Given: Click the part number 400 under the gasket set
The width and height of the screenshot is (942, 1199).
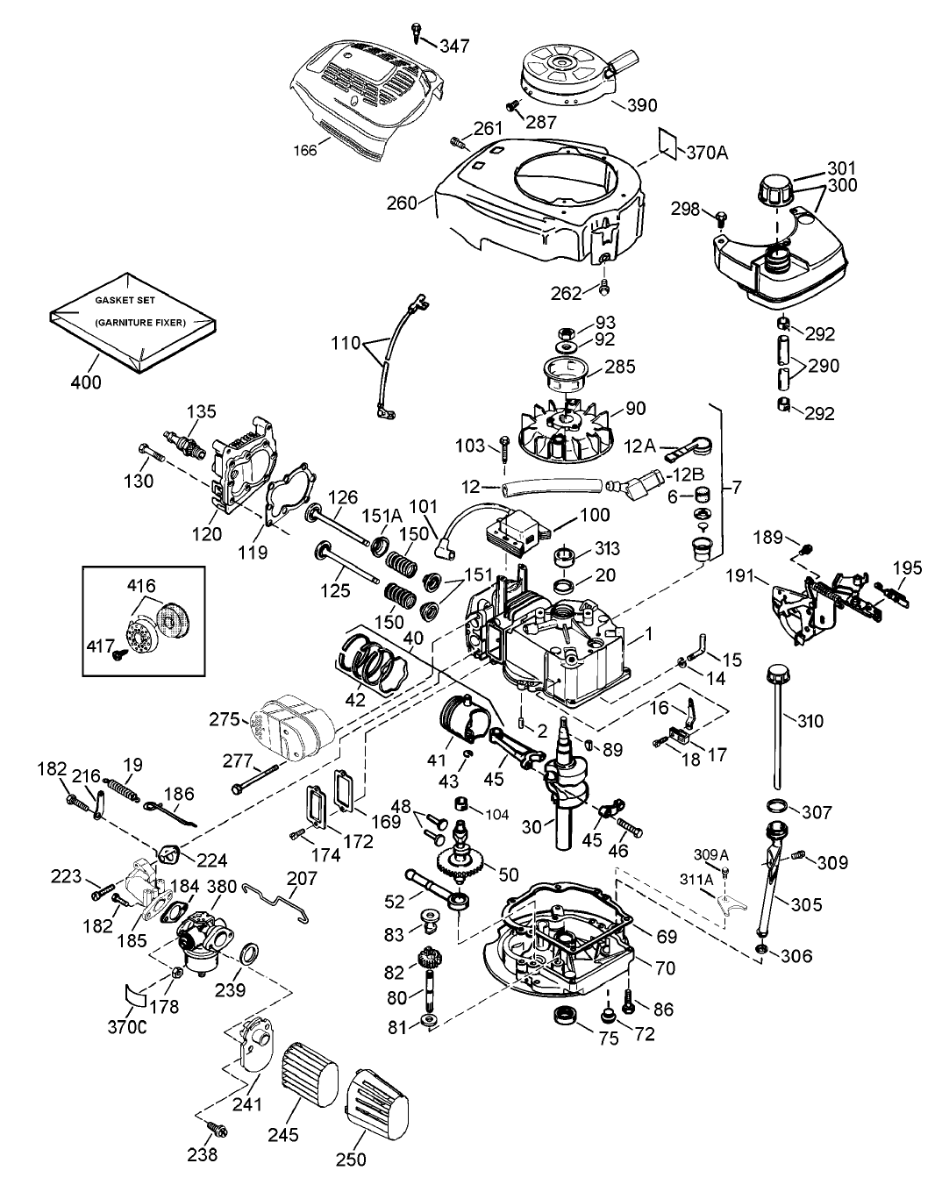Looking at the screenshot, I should [x=87, y=382].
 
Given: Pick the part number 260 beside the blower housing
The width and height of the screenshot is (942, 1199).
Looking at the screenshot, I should [x=402, y=203].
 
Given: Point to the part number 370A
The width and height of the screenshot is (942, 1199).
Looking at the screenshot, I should [x=708, y=152].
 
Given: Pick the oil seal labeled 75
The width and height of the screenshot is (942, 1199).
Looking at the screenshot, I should [x=560, y=1016].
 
